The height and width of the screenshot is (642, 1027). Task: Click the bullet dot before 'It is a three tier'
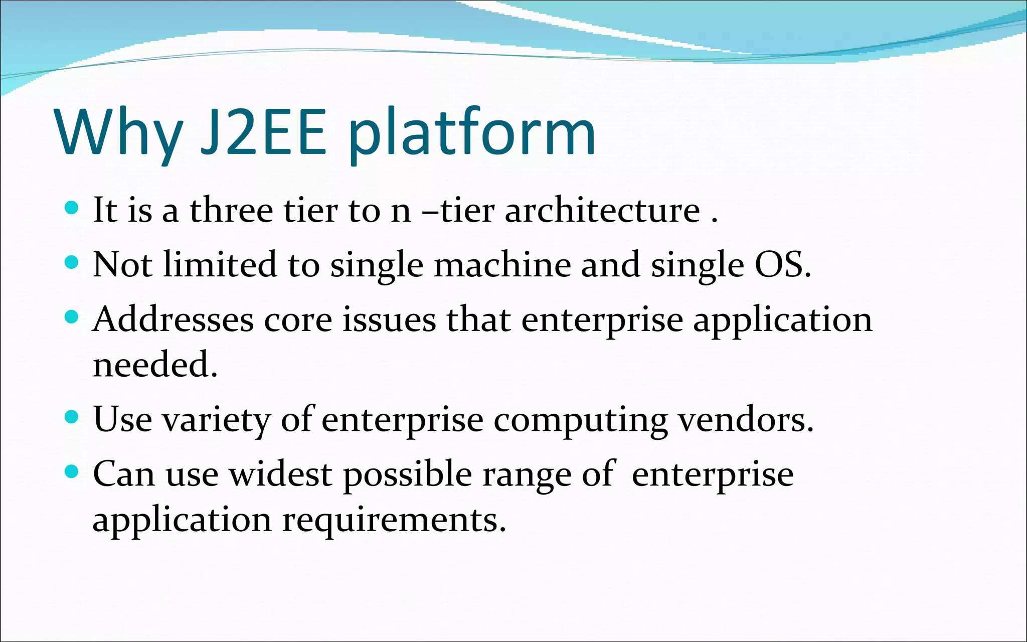[x=72, y=208]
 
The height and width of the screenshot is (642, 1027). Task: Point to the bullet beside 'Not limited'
[x=72, y=262]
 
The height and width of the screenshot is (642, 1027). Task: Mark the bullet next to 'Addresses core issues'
[x=72, y=317]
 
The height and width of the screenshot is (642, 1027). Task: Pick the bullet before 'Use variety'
[x=72, y=417]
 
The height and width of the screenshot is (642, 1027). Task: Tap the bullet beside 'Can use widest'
[x=72, y=471]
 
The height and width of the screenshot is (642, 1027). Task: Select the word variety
[x=217, y=420]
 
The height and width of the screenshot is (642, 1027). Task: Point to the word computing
[x=581, y=420]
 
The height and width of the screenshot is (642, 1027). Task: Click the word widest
[x=281, y=474]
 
